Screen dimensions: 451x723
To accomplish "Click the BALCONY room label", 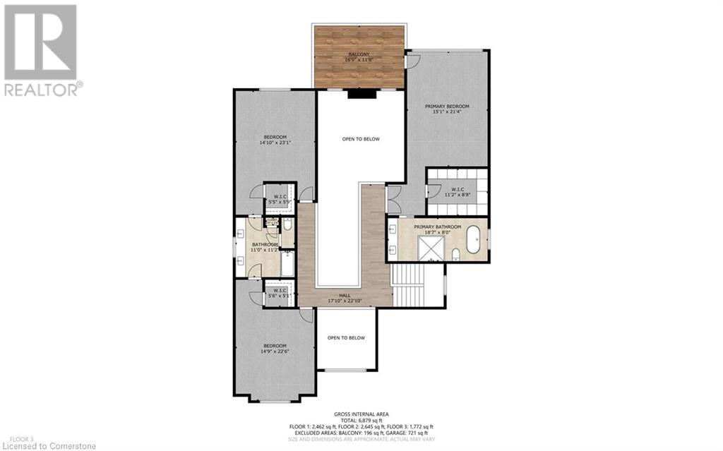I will pyautogui.click(x=360, y=54).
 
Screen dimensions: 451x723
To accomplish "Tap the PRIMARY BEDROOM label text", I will pyautogui.click(x=446, y=107).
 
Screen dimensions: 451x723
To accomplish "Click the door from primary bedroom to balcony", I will pyautogui.click(x=411, y=61).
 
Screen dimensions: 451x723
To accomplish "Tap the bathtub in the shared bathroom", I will pyautogui.click(x=287, y=264).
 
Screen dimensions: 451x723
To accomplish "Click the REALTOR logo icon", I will pyautogui.click(x=40, y=42).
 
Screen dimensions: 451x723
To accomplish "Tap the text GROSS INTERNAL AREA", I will pyautogui.click(x=361, y=414).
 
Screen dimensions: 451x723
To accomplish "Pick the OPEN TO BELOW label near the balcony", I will pyautogui.click(x=361, y=139).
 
